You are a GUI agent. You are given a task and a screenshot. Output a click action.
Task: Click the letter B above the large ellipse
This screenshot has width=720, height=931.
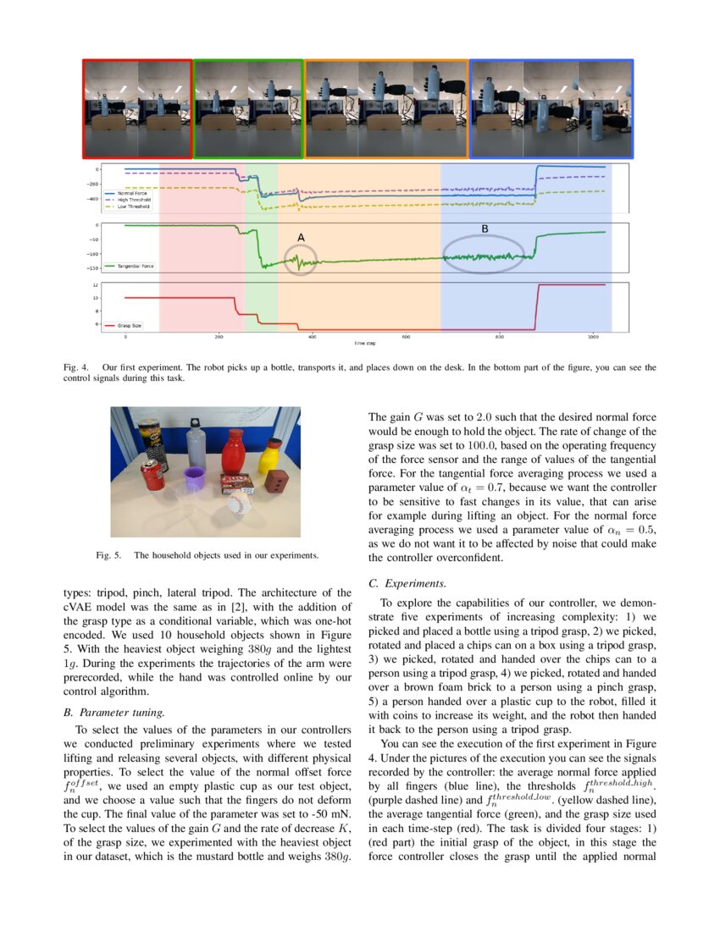click(x=485, y=229)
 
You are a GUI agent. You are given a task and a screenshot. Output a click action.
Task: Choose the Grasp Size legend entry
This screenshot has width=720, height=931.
click(x=127, y=324)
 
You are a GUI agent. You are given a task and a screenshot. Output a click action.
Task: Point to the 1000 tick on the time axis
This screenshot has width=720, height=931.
click(x=593, y=338)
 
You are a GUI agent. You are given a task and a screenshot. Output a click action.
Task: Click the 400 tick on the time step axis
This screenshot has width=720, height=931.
click(x=313, y=338)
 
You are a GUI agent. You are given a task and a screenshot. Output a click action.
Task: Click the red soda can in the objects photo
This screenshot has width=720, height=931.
click(x=152, y=477)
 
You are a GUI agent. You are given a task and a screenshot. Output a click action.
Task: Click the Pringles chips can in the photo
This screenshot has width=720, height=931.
click(x=154, y=444)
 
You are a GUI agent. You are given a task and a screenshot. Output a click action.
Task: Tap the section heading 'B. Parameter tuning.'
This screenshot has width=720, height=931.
click(x=114, y=712)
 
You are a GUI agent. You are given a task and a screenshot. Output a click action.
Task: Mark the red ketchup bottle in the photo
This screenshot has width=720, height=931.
click(x=233, y=451)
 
